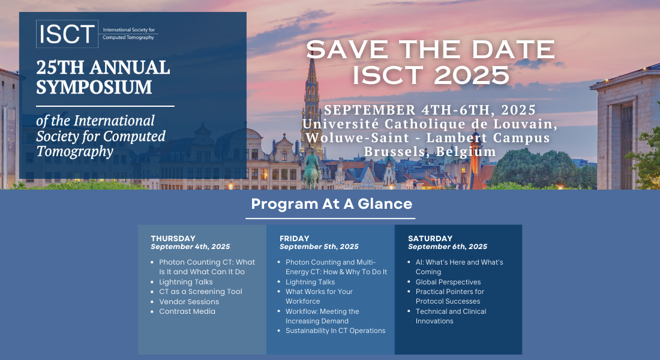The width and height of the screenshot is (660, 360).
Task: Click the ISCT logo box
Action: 67,34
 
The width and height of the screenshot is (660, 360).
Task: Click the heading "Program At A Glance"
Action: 331,203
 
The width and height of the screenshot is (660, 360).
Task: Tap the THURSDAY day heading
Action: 173,238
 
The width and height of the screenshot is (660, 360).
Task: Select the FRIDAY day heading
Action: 295,238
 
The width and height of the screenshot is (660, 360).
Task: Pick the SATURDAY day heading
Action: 430,238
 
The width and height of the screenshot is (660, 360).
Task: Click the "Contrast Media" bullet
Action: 187,311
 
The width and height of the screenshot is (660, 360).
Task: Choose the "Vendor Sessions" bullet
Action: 189,302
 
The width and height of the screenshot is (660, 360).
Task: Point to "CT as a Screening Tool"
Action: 200,292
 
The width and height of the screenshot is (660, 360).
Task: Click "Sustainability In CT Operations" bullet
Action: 335,331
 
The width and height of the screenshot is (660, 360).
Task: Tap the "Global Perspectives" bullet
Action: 448,282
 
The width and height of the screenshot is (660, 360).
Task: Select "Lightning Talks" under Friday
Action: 310,282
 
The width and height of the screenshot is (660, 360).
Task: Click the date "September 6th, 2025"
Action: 448,247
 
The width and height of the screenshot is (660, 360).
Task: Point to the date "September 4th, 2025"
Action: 190,247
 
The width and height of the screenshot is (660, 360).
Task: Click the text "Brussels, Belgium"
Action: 430,152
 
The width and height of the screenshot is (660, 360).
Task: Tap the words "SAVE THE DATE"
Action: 430,49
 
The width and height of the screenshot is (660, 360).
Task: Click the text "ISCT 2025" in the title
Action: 430,74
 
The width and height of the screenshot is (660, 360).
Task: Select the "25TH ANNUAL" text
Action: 103,67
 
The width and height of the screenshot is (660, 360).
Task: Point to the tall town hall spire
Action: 311,90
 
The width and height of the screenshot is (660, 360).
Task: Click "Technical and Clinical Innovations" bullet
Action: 451,316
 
